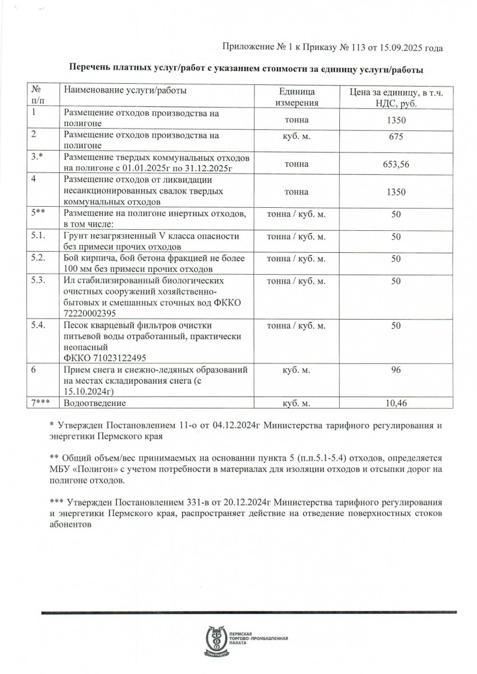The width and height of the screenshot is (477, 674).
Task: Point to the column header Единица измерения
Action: coord(297,97)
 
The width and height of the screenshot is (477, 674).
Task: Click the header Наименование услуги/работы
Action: coord(125,90)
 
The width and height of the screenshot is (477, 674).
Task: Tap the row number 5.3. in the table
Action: coord(40,280)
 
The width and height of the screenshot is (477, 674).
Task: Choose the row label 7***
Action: coord(42,403)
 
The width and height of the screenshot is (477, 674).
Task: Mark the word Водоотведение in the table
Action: coord(95,403)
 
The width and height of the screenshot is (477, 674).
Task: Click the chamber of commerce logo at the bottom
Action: coord(216,640)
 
